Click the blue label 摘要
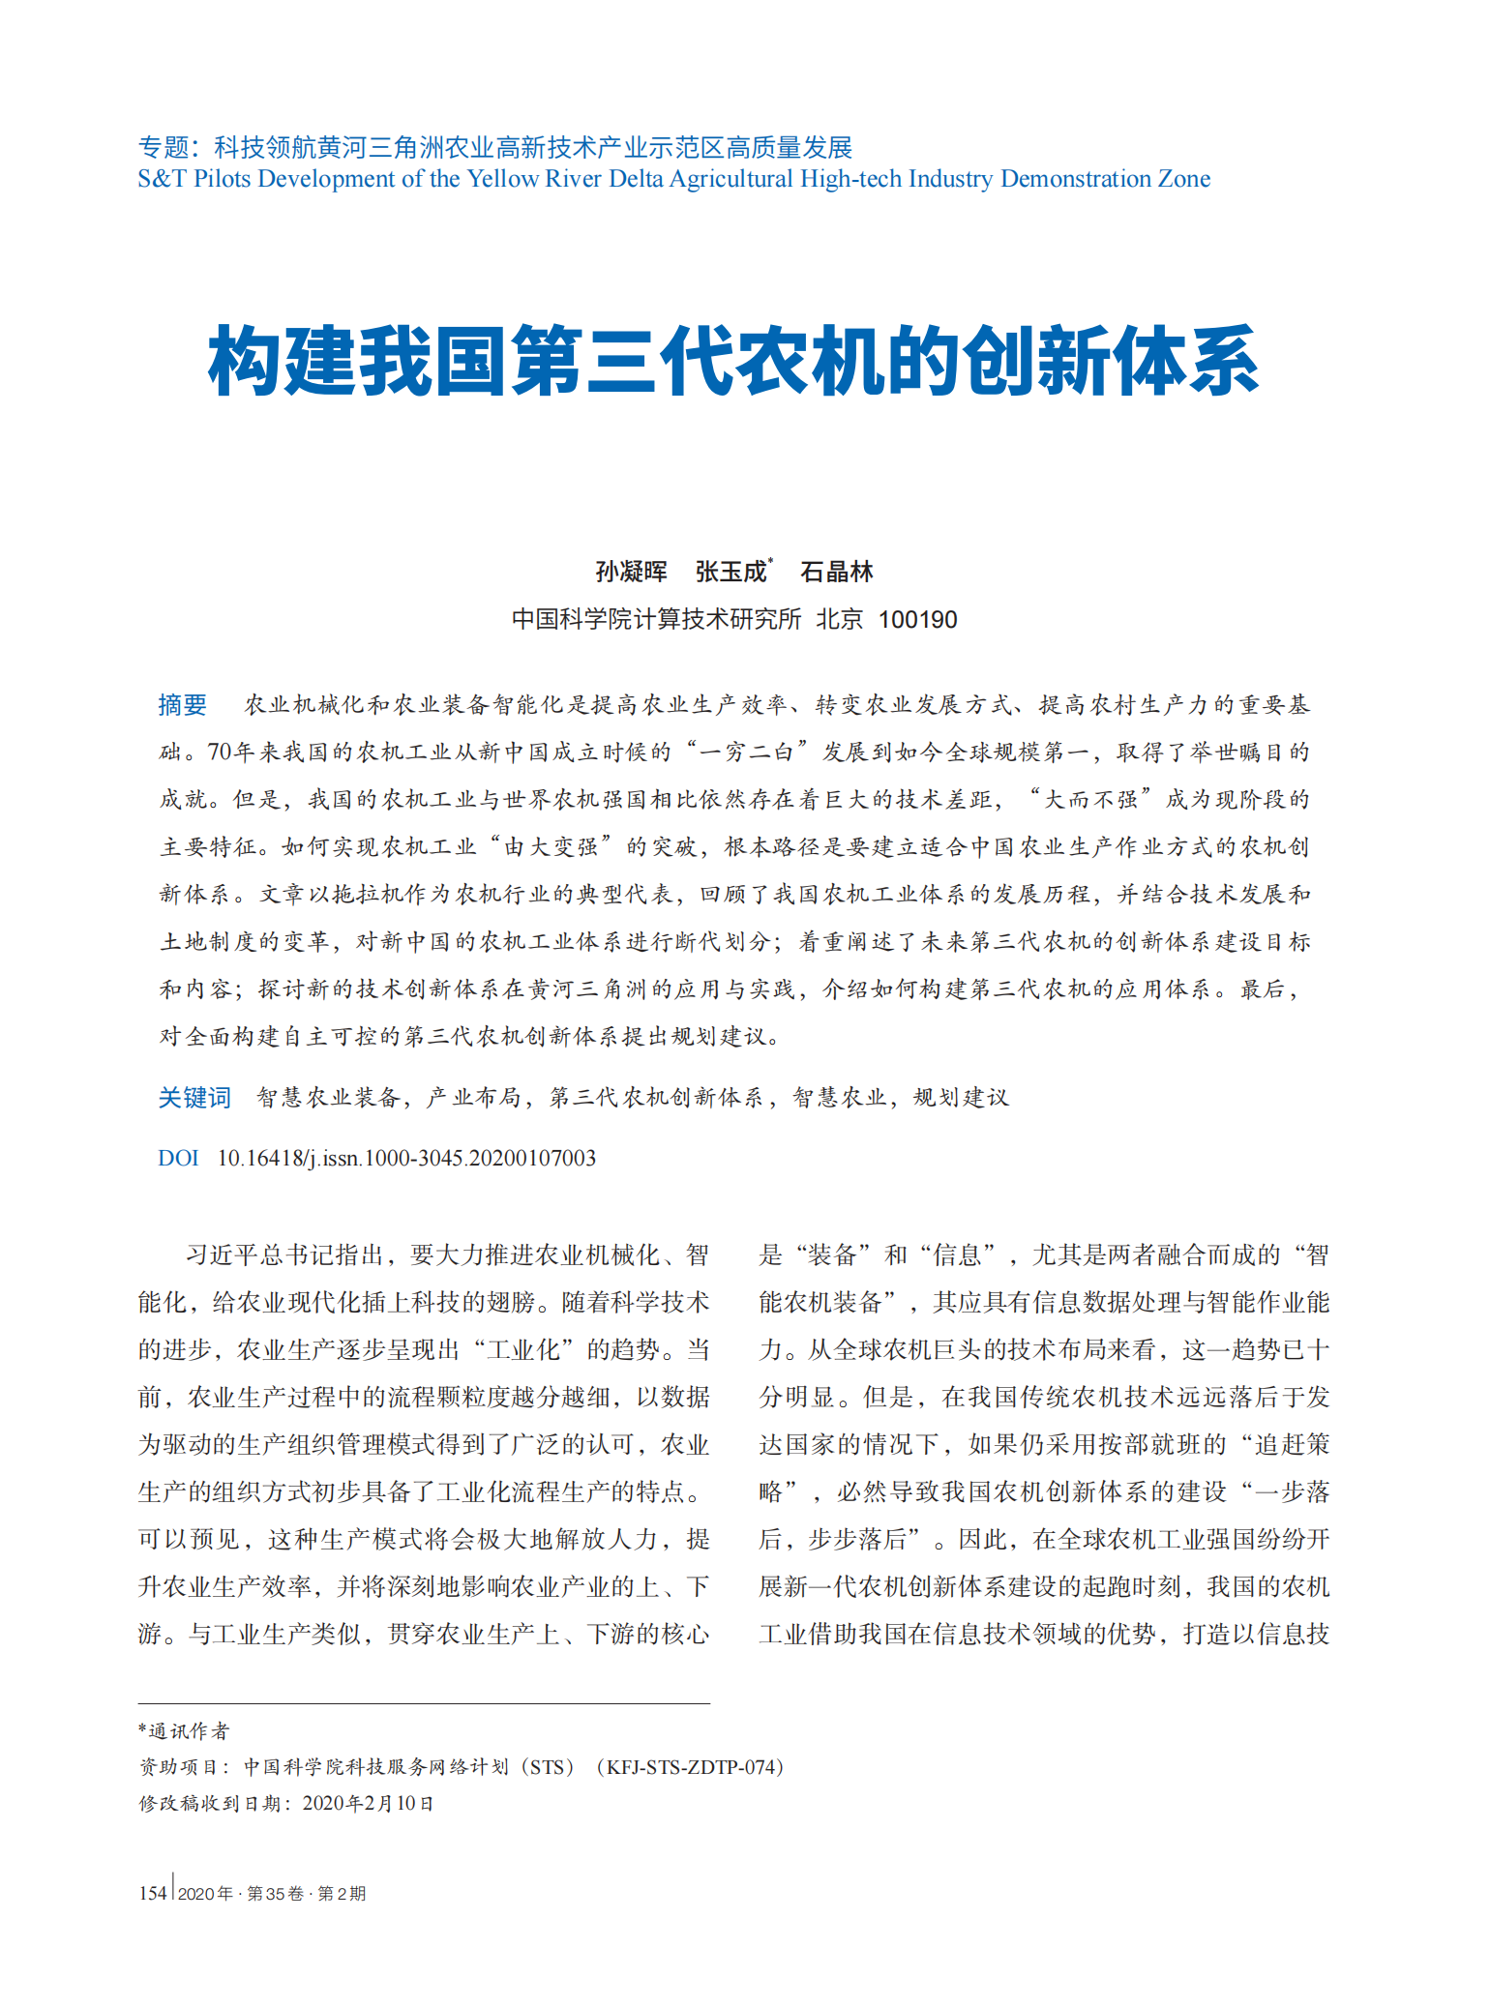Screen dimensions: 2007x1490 182,704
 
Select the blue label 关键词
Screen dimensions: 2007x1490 194,1097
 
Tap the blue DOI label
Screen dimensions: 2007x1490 178,1158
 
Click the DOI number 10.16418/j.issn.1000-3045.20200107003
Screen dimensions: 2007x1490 406,1158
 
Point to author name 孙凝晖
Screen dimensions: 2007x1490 631,572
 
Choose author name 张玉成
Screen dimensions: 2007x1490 730,572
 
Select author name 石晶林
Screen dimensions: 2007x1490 836,572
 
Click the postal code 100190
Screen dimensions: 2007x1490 917,619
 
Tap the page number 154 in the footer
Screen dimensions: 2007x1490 153,1893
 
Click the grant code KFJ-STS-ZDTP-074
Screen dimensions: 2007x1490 690,1767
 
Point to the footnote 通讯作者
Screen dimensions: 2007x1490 189,1730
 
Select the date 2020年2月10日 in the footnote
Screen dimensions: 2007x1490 368,1803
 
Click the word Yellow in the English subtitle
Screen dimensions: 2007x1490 502,179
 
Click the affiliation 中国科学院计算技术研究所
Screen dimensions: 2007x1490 656,619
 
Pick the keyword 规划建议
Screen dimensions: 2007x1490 961,1097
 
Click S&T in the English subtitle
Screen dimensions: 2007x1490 163,179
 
